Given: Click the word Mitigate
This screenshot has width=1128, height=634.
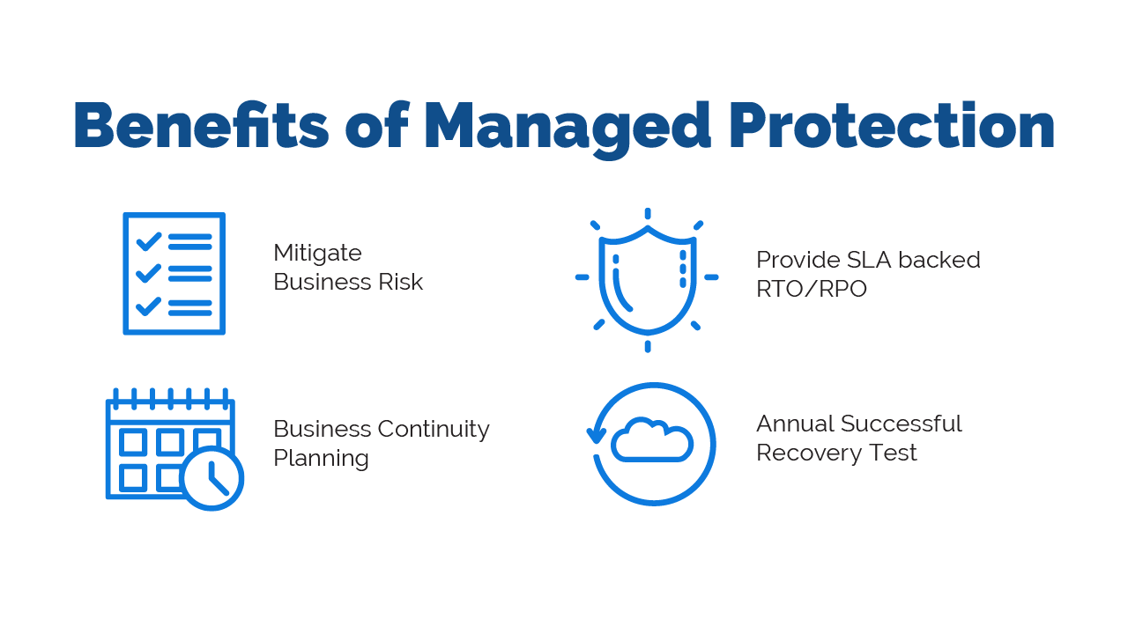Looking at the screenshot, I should [317, 254].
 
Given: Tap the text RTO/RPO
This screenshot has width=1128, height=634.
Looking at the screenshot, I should [811, 289].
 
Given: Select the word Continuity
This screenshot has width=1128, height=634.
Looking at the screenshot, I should [434, 429].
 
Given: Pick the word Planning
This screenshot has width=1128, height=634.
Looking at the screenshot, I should [321, 459].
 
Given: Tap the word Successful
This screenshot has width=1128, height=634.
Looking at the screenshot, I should [902, 424].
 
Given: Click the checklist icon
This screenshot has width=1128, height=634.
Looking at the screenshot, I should [174, 273].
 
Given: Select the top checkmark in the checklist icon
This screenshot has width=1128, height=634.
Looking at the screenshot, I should [148, 240].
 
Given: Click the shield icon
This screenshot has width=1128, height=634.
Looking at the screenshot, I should [647, 280].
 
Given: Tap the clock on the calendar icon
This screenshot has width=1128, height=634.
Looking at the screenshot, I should [211, 478].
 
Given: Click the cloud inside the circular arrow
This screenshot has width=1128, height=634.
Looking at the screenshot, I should [652, 440].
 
